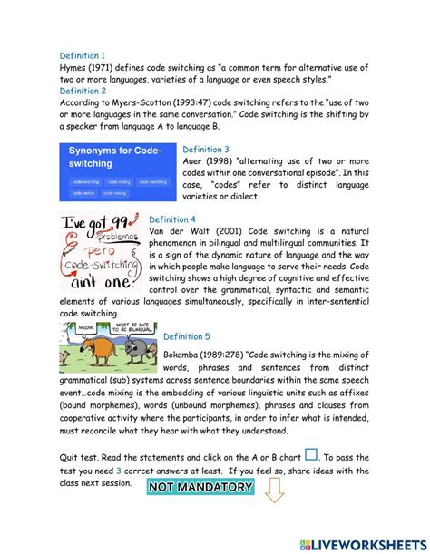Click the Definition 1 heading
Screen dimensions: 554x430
(x=83, y=55)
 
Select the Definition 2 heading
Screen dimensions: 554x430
(x=83, y=91)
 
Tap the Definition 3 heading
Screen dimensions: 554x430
(x=206, y=150)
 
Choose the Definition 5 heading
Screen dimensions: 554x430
(x=187, y=336)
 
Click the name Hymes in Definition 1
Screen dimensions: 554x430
(x=74, y=67)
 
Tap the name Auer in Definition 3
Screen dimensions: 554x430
(x=195, y=161)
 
